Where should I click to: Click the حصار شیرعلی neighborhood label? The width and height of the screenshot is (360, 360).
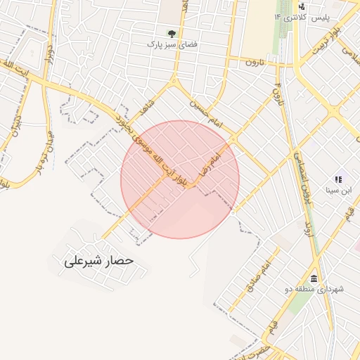click(x=98, y=261)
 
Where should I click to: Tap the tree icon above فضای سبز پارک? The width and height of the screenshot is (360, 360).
click(x=172, y=33)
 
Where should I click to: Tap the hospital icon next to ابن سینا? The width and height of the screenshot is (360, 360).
click(x=337, y=180)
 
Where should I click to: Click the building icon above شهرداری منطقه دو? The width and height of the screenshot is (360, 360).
click(x=314, y=278)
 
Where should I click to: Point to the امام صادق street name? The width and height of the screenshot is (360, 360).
click(x=256, y=277)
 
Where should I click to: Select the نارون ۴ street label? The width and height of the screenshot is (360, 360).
click(x=276, y=91)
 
